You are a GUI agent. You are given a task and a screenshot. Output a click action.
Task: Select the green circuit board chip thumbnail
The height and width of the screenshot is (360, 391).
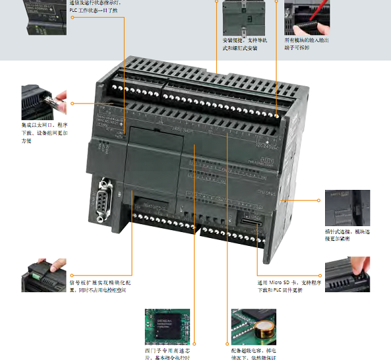[167, 325]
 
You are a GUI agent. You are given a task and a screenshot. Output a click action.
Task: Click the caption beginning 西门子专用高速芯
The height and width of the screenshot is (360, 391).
[167, 353]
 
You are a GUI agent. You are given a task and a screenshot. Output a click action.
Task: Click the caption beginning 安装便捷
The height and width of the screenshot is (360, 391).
[245, 44]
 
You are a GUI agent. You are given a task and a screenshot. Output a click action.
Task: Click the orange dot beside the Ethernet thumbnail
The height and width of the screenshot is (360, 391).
[73, 103]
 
